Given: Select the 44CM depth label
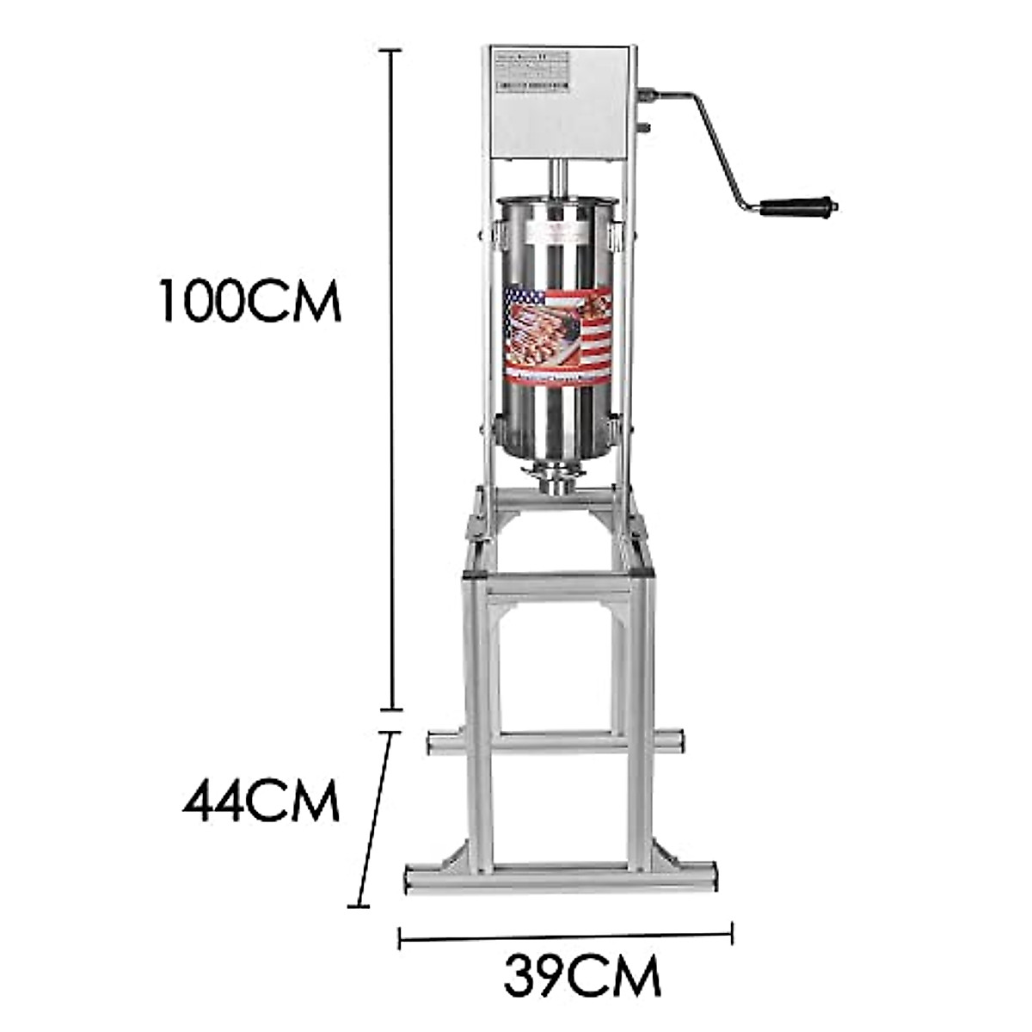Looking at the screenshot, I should coord(261,802).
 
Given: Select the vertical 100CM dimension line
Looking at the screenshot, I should coord(393,378).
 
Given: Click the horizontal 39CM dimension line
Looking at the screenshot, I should coord(565,935).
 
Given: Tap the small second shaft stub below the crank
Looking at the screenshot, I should coord(644,128).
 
